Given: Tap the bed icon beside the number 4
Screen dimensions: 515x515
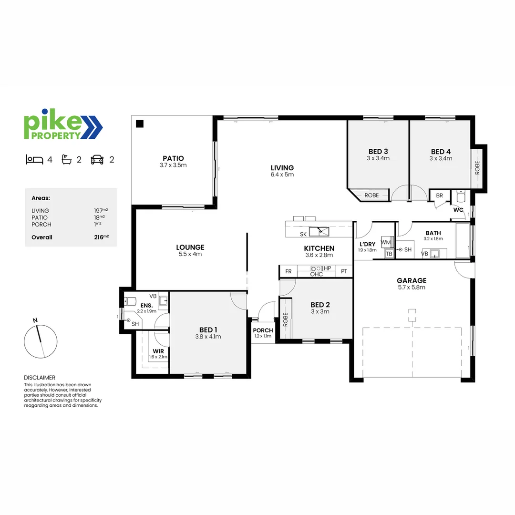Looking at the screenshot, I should tap(34, 160).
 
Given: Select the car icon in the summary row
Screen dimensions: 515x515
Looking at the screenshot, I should tap(97, 160).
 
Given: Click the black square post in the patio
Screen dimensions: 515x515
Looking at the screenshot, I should tap(139, 124).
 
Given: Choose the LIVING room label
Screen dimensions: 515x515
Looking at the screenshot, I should tap(282, 168).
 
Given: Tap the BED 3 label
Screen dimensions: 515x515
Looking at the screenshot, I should tap(378, 152).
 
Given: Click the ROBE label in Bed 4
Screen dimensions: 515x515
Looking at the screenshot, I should tap(477, 167).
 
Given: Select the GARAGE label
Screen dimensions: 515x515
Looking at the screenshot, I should tap(412, 280).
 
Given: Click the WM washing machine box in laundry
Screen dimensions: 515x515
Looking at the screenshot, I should tap(386, 242).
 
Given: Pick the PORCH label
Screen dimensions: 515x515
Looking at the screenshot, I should tap(263, 330).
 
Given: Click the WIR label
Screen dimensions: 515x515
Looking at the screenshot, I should tap(158, 351).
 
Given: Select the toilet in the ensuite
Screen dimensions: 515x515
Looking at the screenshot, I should tap(130, 301).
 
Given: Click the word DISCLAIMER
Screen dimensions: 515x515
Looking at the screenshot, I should tap(40, 377).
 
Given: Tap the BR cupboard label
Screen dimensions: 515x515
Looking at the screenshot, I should tap(439, 196).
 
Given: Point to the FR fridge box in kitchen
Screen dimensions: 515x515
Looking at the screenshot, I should tap(288, 271).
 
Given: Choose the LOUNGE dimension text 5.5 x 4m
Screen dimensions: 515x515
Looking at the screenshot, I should tap(190, 254).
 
